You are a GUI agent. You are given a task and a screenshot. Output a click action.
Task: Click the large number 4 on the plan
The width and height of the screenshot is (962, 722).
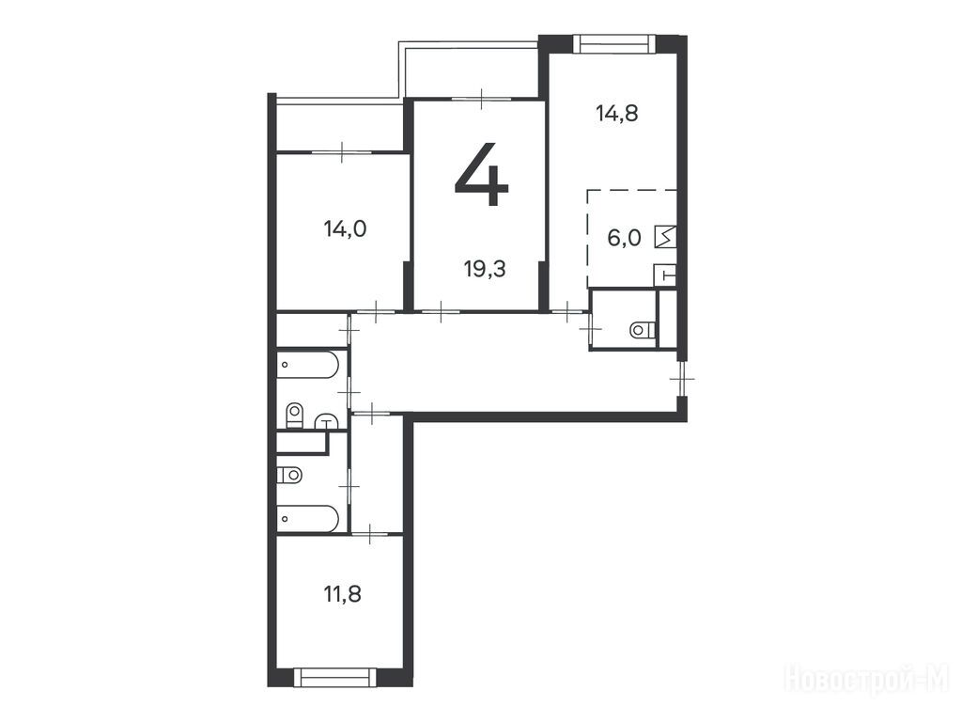tap(482, 174)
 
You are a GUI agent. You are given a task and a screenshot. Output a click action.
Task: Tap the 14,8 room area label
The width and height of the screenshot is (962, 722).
tap(617, 114)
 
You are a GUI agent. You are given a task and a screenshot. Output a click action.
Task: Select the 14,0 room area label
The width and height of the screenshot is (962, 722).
tap(346, 229)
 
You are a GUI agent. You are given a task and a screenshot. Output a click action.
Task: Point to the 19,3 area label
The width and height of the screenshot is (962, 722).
tap(486, 269)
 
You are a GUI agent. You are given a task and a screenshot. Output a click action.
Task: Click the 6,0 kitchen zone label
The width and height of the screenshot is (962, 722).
tap(624, 238)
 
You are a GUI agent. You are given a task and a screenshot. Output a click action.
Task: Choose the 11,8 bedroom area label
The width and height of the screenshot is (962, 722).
tap(342, 594)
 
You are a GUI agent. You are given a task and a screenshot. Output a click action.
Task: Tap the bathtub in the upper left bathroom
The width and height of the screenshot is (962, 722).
tap(307, 364)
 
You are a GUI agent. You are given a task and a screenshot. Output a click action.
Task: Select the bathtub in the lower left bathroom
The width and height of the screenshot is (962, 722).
tap(307, 519)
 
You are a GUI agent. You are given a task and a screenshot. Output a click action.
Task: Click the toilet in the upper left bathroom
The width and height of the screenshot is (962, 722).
tap(294, 416)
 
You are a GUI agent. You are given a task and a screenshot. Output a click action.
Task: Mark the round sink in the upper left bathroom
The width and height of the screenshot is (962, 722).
tap(328, 421)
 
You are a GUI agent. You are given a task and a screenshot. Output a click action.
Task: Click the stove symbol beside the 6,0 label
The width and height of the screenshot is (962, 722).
tap(666, 237)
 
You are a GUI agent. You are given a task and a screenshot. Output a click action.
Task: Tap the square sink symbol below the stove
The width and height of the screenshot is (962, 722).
tap(666, 275)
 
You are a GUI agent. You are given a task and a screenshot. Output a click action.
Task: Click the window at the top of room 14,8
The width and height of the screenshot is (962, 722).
tap(614, 43)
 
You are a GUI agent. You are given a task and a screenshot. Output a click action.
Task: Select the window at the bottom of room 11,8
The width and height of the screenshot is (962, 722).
tap(335, 677)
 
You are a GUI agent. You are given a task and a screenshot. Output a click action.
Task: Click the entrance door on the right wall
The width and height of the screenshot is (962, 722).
tap(681, 379)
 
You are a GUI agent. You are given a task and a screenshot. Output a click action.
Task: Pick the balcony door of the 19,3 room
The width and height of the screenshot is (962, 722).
tap(482, 98)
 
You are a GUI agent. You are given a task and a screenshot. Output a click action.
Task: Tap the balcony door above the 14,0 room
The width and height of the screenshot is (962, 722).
tap(342, 151)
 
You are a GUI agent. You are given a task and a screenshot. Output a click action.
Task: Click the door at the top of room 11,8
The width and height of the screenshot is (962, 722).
tap(370, 535)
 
